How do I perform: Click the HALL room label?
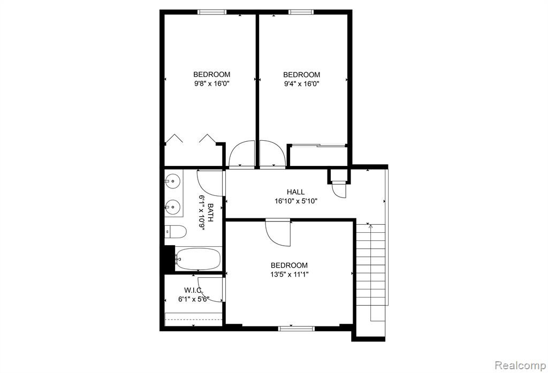click(295, 192)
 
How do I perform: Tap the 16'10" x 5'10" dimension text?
click(295, 201)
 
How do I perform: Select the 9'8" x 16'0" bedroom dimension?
click(212, 83)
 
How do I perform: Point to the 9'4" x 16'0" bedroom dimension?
click(302, 84)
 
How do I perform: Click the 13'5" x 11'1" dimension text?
click(289, 275)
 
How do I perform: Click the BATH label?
click(210, 212)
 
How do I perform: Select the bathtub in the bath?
click(198, 259)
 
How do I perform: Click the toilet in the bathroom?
click(176, 231)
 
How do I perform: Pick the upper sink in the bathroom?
click(173, 181)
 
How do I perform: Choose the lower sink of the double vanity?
click(173, 207)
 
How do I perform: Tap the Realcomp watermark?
click(521, 366)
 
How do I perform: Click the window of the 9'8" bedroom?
click(212, 12)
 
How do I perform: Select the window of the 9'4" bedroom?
click(301, 12)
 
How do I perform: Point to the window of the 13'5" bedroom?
click(296, 328)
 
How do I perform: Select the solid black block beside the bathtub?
click(170, 258)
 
